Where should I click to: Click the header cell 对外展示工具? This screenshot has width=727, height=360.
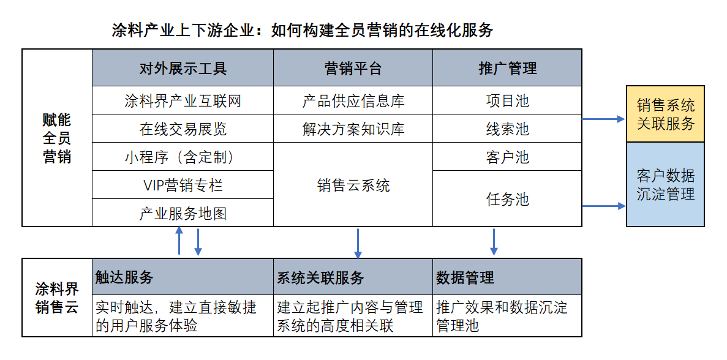(x=183, y=67)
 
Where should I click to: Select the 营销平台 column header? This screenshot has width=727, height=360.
(x=353, y=67)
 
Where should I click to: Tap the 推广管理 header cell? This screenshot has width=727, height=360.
(x=507, y=67)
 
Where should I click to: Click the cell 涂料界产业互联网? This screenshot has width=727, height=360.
(x=183, y=100)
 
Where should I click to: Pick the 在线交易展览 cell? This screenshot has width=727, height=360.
(x=183, y=129)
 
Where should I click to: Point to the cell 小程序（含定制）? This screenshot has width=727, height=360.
(x=183, y=157)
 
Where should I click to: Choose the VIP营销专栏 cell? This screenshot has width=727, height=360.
(x=183, y=185)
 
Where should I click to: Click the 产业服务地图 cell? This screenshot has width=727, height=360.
(x=183, y=212)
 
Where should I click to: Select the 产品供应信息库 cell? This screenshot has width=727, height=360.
(x=353, y=100)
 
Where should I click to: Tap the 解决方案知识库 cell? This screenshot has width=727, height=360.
(x=353, y=129)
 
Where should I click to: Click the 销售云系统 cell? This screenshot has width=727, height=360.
(x=353, y=184)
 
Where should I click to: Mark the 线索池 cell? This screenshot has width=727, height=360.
(x=507, y=129)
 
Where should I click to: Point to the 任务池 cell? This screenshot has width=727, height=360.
(x=507, y=198)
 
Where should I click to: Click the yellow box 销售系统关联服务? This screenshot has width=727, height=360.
(x=665, y=114)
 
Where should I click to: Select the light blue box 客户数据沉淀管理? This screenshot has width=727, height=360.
(x=665, y=184)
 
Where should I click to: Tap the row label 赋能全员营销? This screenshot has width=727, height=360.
(x=57, y=138)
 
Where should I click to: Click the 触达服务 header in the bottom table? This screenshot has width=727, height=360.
(x=183, y=277)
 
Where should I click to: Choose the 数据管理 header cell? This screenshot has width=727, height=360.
(x=507, y=277)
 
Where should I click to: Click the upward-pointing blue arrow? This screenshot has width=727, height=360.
(x=179, y=241)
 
